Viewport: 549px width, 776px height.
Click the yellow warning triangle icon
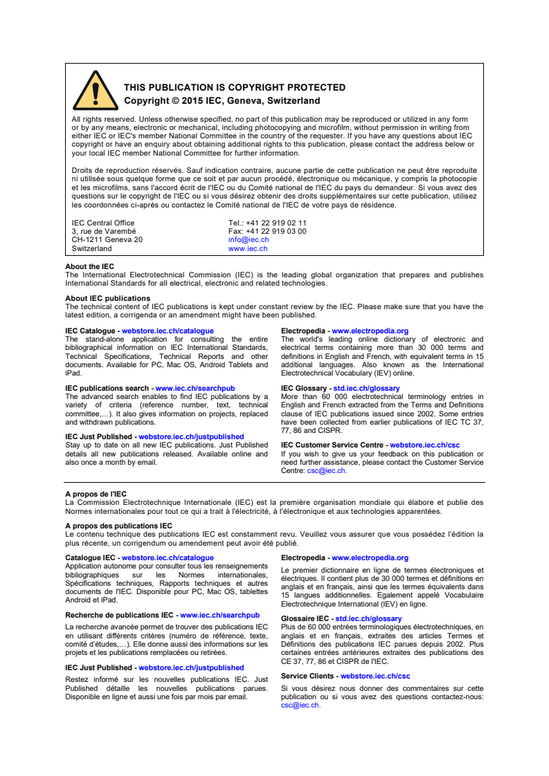[96, 92]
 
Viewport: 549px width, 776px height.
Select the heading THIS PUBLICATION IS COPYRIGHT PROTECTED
[235, 88]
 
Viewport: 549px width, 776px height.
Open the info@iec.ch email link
[248, 240]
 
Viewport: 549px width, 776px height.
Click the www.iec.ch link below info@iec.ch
[247, 248]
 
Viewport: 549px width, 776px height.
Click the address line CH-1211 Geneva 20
[107, 240]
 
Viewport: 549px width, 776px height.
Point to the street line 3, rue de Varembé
[104, 232]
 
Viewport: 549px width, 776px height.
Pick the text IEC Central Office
[103, 223]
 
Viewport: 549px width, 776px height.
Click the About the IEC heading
[89, 266]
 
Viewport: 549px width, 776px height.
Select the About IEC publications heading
[107, 299]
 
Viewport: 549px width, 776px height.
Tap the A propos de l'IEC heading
[96, 494]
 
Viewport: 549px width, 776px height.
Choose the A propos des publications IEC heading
[118, 526]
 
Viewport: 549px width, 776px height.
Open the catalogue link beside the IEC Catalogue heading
[168, 331]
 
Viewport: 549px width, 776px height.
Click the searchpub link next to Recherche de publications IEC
[219, 615]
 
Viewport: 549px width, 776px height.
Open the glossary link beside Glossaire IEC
[368, 619]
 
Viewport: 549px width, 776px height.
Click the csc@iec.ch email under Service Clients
[300, 705]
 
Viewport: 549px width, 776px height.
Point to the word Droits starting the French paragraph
[82, 170]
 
